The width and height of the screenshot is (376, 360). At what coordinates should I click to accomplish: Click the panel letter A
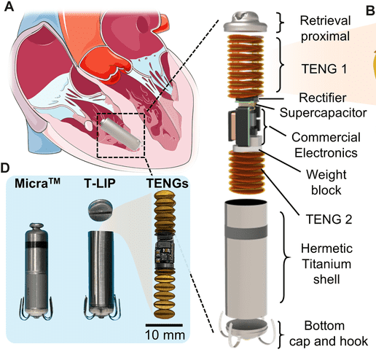point(9,7)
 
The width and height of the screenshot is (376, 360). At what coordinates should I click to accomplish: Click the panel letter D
point(5,168)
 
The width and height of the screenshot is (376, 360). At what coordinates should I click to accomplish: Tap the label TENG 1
point(324,69)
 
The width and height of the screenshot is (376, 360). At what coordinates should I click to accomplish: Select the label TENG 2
point(329,219)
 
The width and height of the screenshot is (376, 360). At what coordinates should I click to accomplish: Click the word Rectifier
point(323,98)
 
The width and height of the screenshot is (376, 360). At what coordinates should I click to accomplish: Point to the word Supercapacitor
point(323,113)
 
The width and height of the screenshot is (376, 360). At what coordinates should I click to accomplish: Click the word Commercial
point(326,137)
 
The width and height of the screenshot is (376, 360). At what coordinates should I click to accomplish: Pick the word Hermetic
point(326,249)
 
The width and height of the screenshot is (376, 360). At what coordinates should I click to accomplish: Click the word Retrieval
point(325,20)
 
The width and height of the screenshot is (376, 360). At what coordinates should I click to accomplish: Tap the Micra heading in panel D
point(37,183)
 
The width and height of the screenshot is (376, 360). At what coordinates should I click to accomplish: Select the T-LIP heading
point(100,183)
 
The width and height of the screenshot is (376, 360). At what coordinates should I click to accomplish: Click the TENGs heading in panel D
point(168,183)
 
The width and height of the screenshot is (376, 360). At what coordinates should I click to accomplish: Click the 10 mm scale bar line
point(164,325)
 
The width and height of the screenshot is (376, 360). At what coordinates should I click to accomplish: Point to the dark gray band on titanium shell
point(246,232)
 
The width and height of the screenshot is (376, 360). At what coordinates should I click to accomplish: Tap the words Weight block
point(326,182)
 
